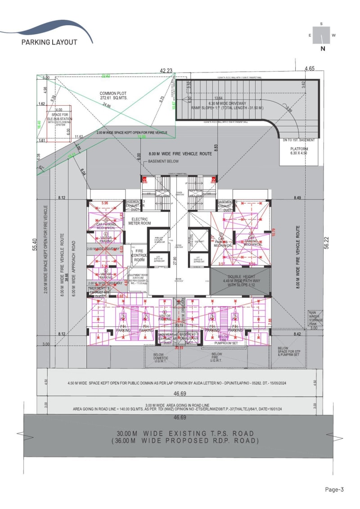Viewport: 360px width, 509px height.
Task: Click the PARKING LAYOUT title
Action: (49, 42)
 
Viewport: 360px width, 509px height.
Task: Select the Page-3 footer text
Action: (334, 490)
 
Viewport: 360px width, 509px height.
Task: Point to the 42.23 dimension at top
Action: (166, 70)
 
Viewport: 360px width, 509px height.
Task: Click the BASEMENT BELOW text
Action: (164, 161)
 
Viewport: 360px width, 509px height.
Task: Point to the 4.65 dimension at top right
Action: (309, 69)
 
